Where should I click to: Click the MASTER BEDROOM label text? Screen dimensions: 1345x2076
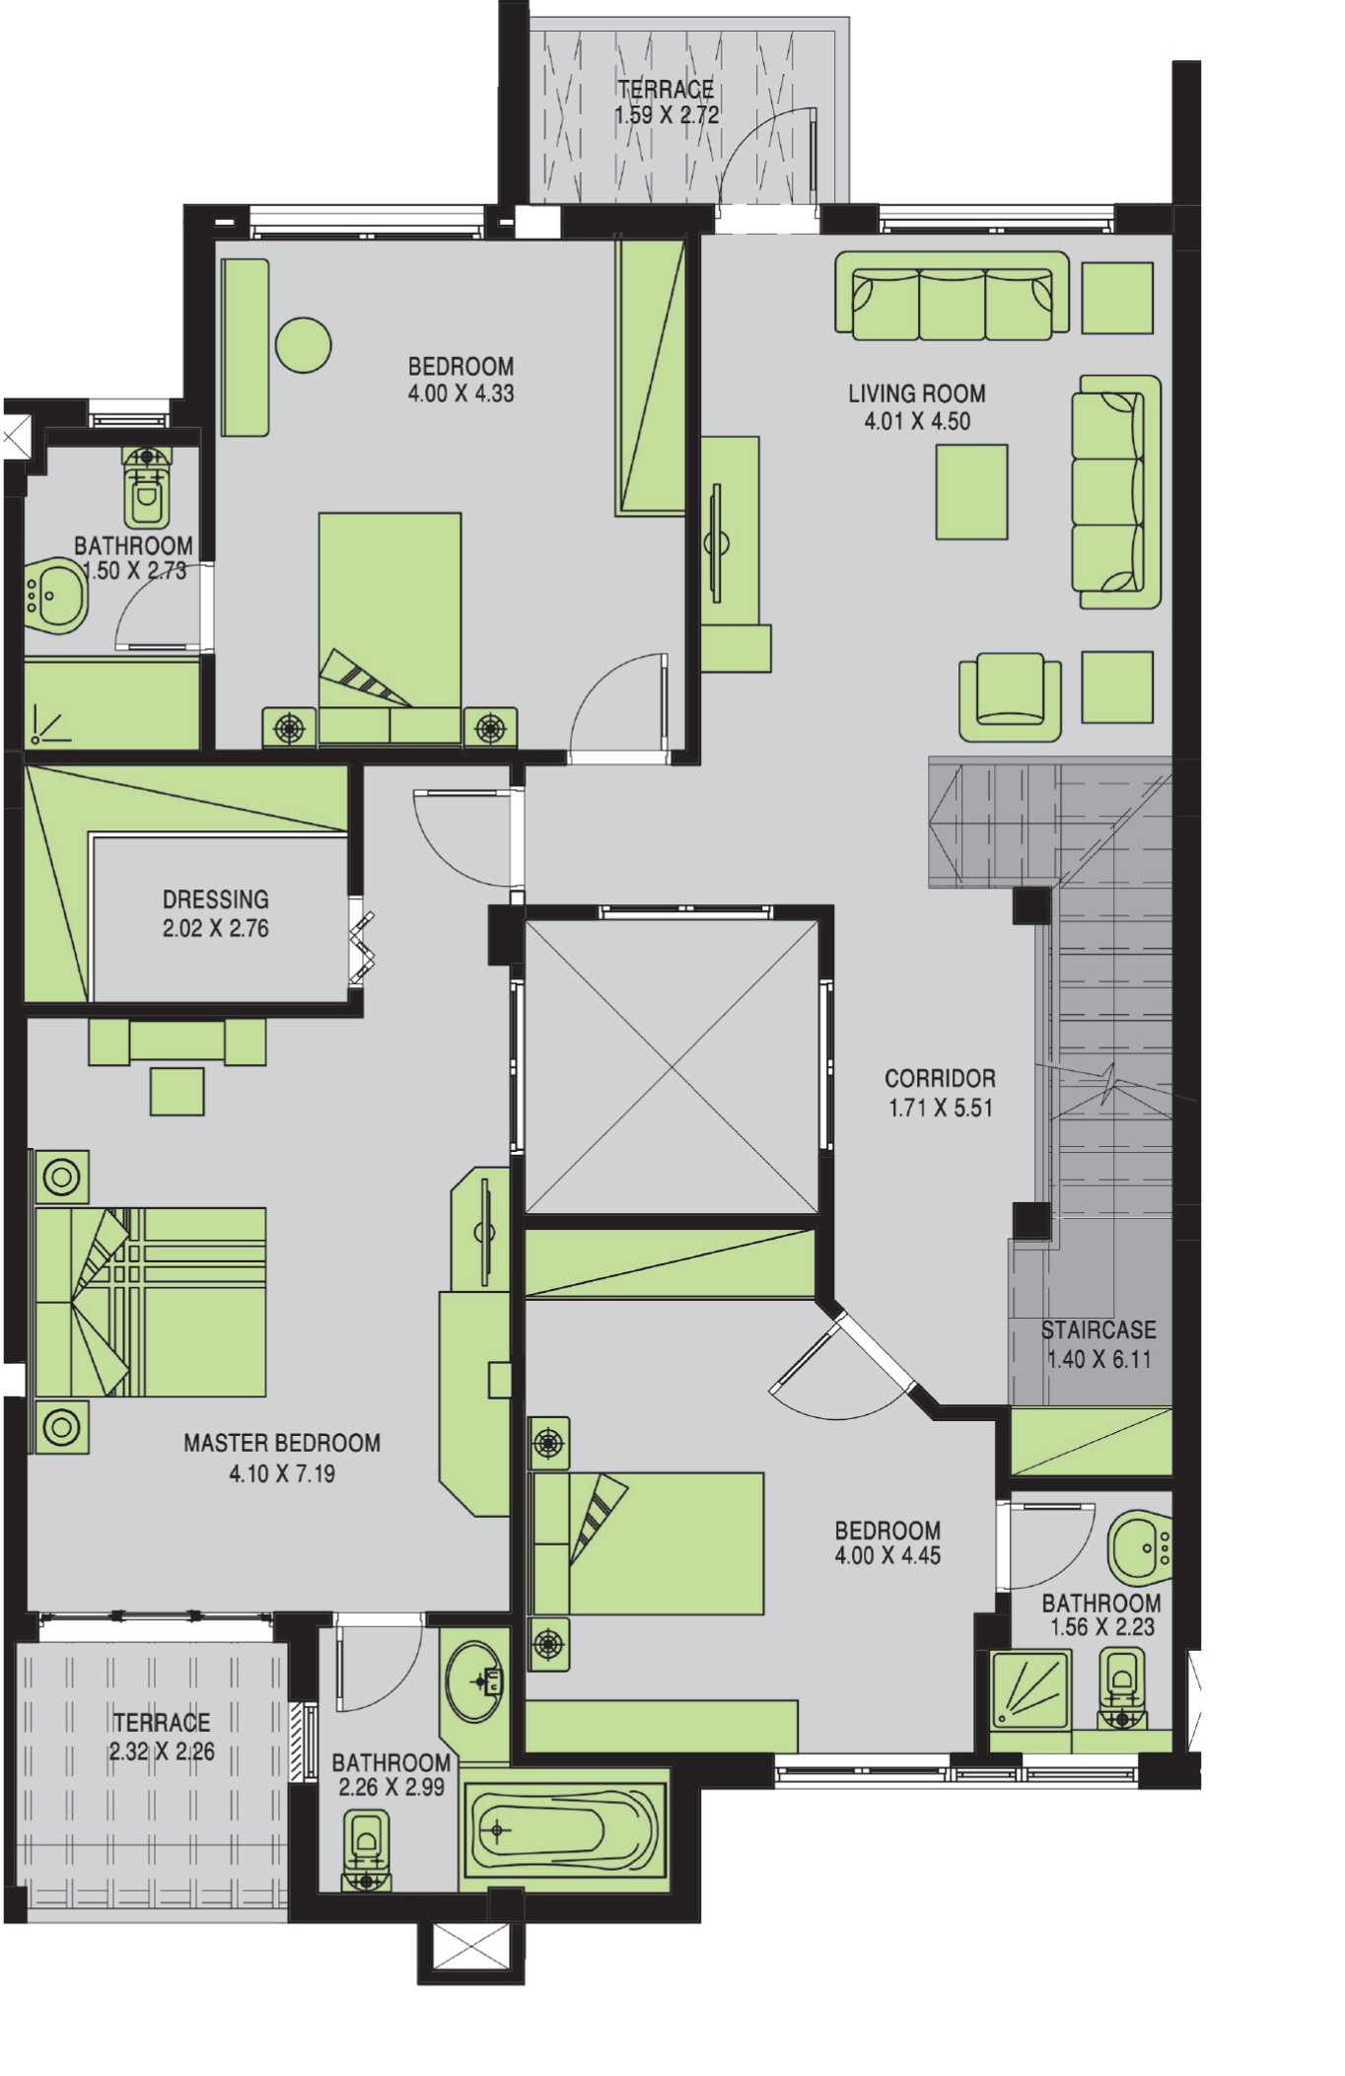(282, 1443)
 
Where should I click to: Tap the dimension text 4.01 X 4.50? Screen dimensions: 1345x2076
(917, 421)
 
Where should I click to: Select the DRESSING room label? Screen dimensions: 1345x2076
(216, 899)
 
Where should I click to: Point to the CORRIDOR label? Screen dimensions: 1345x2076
(940, 1078)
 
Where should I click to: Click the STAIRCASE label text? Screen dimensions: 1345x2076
(1098, 1329)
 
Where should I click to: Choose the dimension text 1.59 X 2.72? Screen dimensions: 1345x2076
(667, 115)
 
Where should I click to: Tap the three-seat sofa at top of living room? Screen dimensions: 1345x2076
(952, 295)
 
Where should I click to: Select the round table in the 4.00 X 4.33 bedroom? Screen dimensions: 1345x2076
(303, 345)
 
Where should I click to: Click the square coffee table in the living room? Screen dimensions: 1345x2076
(971, 492)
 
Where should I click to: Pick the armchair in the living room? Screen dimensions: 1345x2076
(1010, 696)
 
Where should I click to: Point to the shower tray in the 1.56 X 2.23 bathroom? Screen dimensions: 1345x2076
(1029, 1690)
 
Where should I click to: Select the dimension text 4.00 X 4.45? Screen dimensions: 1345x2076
(887, 1555)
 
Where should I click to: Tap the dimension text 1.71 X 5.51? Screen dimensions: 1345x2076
(941, 1108)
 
